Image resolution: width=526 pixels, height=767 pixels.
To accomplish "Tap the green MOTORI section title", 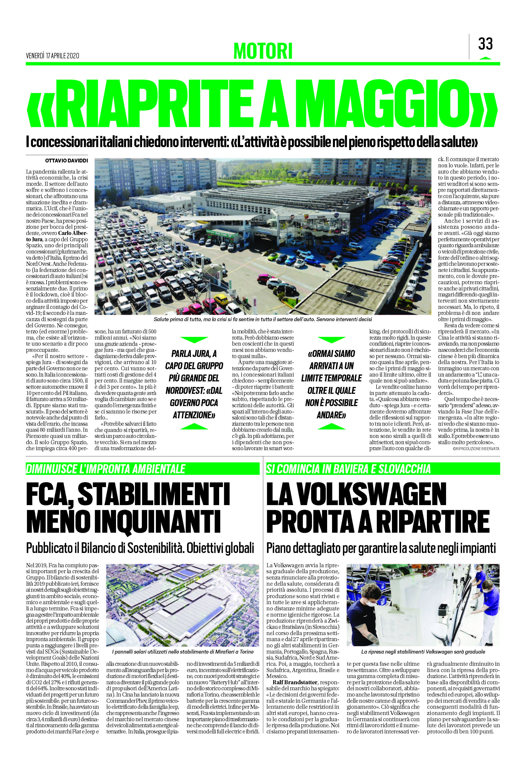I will point(263,51).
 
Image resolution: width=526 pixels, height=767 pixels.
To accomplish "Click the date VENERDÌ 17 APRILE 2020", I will point(53,56).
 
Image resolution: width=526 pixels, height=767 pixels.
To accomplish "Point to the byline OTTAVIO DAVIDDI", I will point(66,161).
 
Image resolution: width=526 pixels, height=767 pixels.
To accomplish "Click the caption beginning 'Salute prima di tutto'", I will point(263,319).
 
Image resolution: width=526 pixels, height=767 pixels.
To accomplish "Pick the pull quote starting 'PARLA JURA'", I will point(194,384).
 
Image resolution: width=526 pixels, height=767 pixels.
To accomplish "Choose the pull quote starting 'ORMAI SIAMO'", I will point(331,384).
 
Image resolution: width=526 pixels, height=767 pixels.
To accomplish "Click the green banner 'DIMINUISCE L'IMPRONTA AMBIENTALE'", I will point(106,469).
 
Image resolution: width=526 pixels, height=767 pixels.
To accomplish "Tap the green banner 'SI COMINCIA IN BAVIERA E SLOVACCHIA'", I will point(349,469).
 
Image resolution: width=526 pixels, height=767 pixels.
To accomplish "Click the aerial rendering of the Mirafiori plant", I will point(183,610).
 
